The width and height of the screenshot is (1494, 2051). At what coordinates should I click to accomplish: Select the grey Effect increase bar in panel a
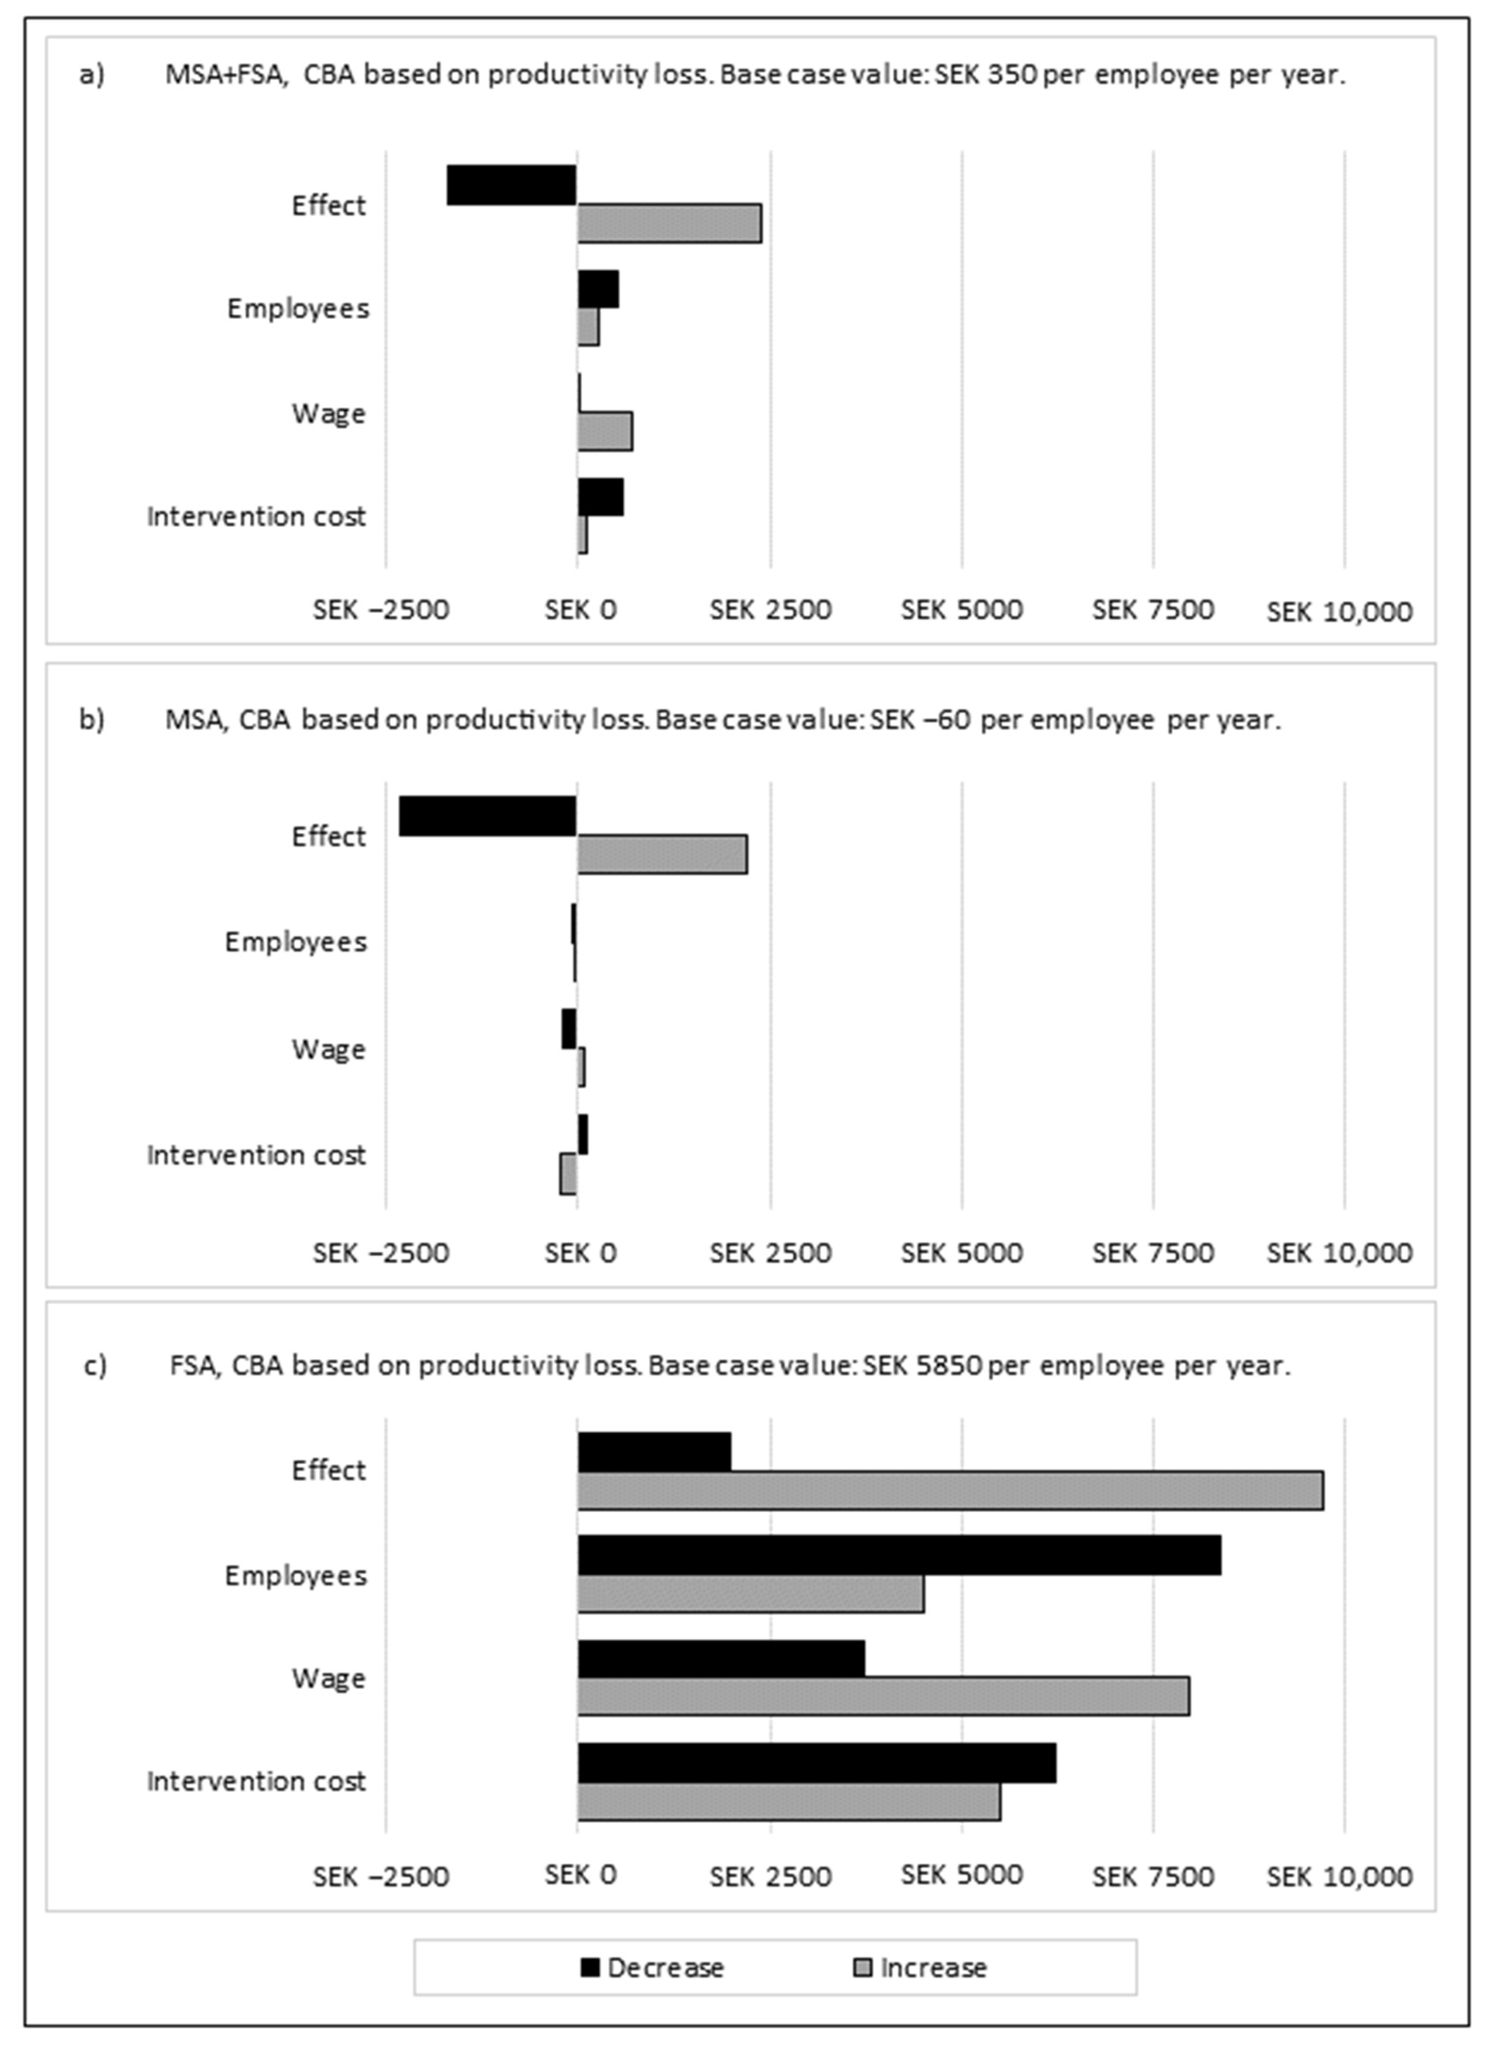click(x=669, y=223)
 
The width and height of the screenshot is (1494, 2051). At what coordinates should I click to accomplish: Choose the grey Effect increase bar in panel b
click(x=662, y=855)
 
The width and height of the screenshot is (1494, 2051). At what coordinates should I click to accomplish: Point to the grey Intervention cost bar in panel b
click(x=568, y=1174)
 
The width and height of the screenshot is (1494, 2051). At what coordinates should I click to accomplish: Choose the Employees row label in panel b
click(x=296, y=942)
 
